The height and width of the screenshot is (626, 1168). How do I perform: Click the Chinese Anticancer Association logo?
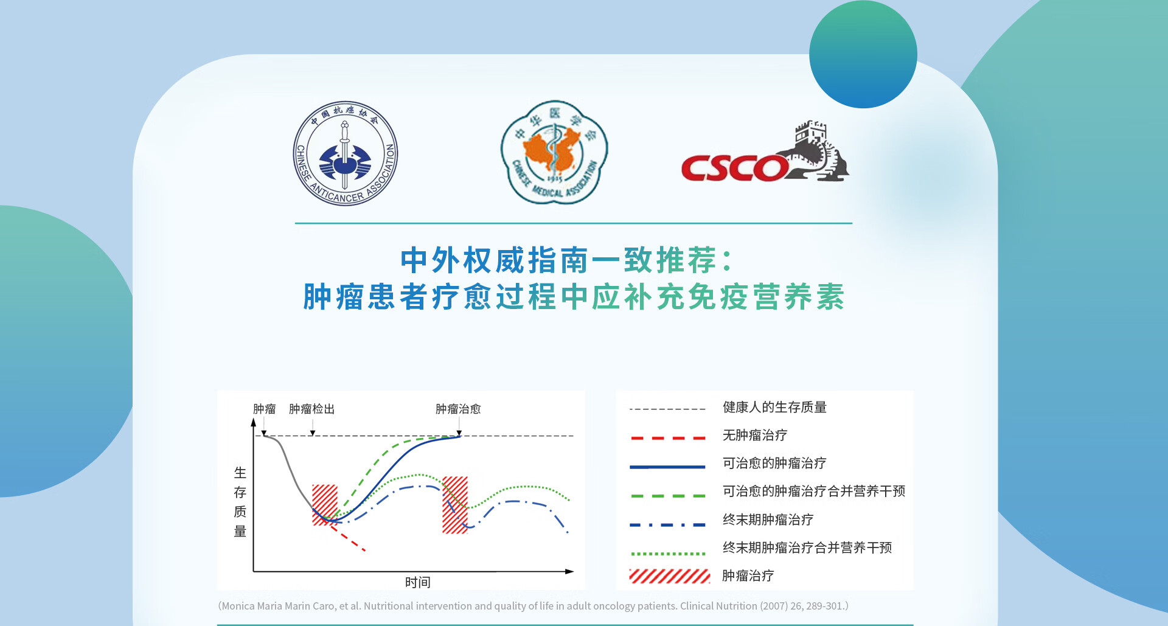[346, 153]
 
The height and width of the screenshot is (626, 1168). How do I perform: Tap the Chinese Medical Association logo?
[554, 152]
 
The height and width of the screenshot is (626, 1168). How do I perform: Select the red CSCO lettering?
[735, 168]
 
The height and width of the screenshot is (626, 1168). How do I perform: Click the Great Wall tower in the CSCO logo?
[812, 133]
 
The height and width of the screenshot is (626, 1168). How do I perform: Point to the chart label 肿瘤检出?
[311, 409]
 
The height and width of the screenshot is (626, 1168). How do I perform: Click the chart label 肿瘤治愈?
[458, 409]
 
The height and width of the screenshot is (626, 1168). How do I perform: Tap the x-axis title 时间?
[417, 582]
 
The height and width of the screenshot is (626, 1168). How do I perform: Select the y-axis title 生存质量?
[240, 502]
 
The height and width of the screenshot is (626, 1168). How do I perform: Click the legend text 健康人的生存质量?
[774, 407]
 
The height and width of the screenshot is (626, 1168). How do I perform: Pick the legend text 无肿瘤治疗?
[755, 435]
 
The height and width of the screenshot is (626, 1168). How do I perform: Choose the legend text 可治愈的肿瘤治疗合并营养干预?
[814, 491]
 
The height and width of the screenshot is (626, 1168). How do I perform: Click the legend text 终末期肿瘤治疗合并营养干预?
[807, 548]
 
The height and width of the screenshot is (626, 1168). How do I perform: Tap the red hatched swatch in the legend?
[669, 576]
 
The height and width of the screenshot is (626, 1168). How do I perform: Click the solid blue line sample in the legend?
[667, 467]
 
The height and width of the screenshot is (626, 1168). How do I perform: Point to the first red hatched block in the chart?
[325, 505]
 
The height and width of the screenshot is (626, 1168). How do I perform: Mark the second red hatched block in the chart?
[455, 505]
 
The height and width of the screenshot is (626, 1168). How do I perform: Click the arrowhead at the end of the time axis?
[569, 571]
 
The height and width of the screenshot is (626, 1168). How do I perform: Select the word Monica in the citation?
[238, 606]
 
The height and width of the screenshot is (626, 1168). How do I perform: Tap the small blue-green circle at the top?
[863, 54]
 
